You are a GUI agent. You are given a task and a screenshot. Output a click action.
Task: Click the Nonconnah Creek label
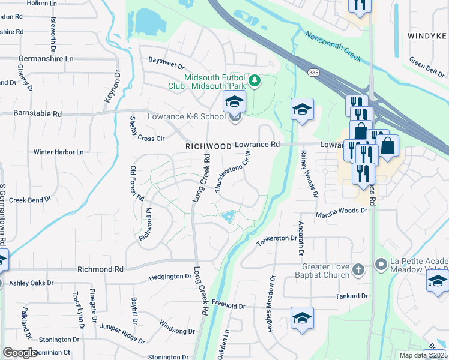point(332,47)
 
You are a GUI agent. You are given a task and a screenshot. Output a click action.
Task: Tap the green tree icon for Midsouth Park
point(255,80)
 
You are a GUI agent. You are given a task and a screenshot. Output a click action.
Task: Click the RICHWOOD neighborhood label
point(208,146)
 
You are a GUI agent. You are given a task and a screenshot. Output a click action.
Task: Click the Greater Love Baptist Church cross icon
point(358,269)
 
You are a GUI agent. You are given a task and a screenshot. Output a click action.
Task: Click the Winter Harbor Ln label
point(58,152)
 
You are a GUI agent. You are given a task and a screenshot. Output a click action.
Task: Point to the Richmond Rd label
point(100,270)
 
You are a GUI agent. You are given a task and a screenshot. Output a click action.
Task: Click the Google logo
point(20,353)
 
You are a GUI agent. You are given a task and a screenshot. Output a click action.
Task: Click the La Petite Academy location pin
point(381,264)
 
